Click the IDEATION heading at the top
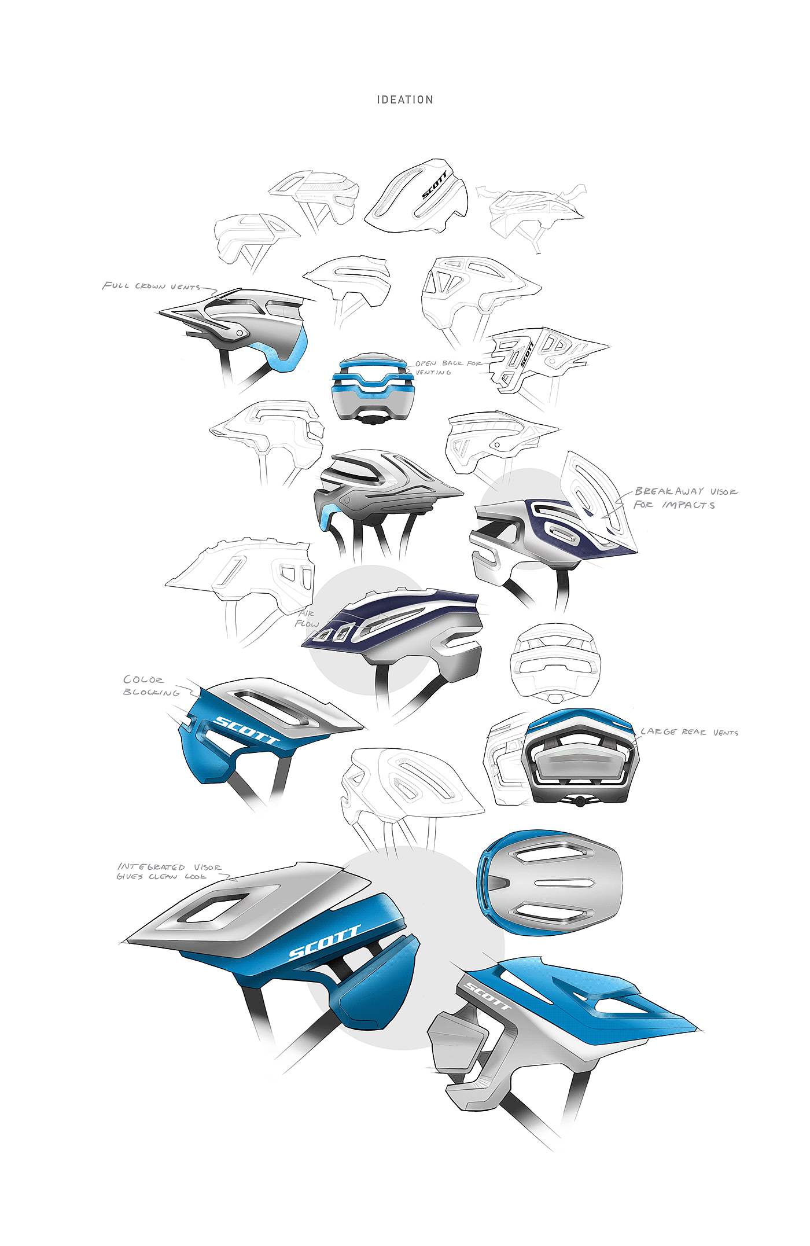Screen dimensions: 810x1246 (405, 100)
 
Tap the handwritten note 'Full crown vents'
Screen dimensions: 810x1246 (152, 286)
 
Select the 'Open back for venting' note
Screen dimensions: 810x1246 (446, 367)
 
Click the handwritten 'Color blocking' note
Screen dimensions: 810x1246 (150, 686)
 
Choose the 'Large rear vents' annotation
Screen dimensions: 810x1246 (689, 732)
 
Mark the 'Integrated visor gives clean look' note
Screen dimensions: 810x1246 (169, 872)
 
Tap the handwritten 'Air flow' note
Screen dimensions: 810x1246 (307, 619)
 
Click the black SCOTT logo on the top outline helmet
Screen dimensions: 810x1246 (434, 185)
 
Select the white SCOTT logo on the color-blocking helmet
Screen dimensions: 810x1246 (246, 730)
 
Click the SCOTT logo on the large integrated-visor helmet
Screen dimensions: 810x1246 (324, 943)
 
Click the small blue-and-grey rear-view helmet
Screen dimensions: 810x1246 (372, 388)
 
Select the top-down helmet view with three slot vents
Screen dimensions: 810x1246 (550, 883)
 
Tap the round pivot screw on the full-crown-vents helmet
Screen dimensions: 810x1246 (239, 333)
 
